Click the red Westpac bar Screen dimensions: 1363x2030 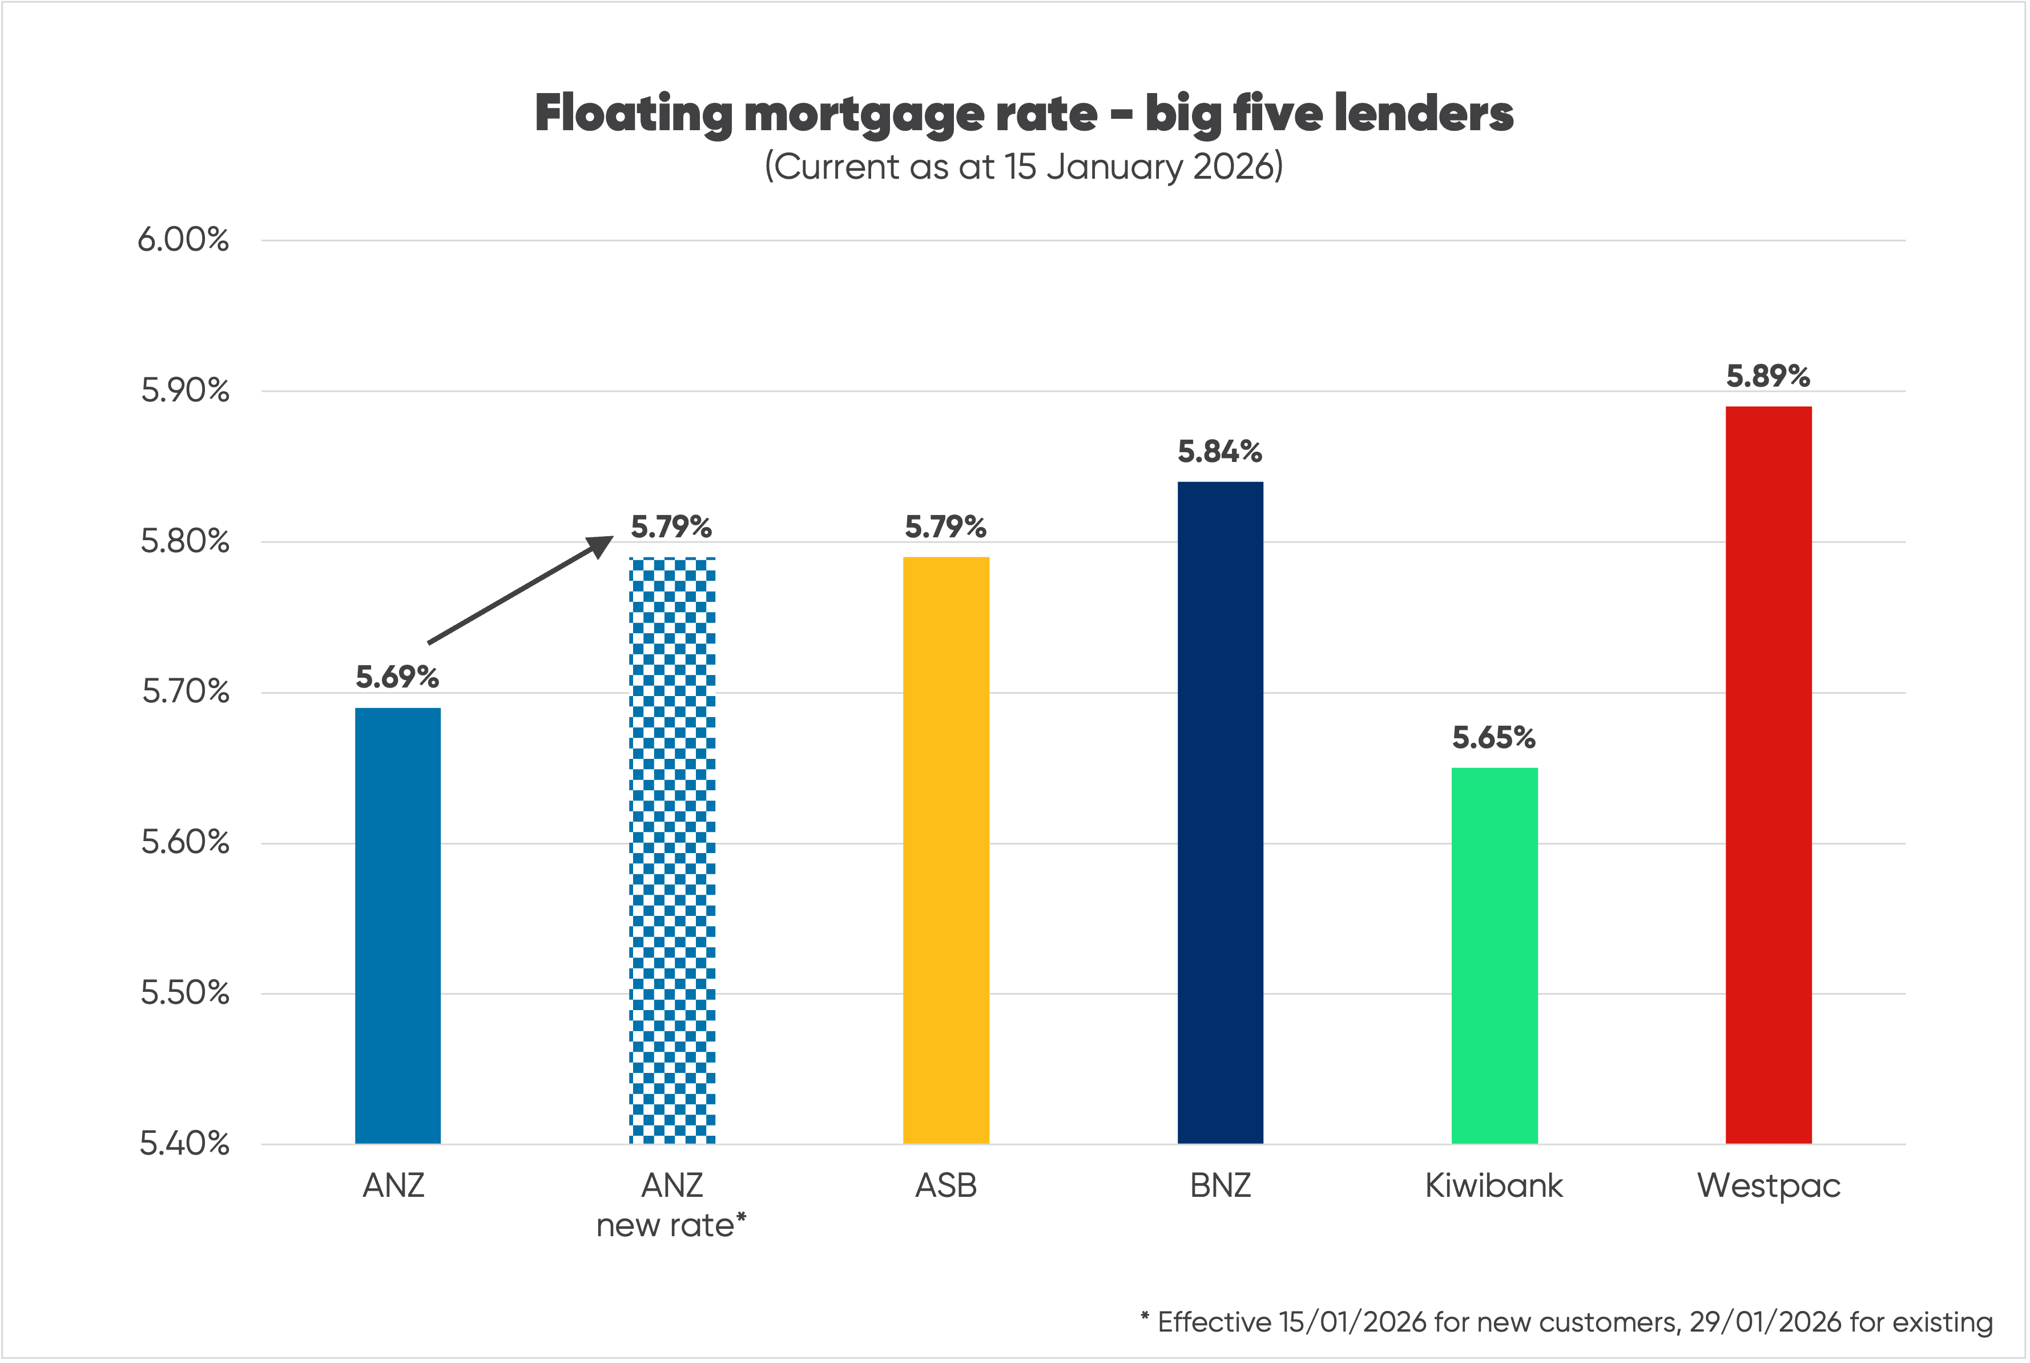tap(1769, 774)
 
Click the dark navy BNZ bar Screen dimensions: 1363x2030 tap(1220, 812)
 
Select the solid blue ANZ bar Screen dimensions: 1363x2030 tap(397, 925)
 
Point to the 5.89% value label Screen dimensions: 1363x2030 tap(1767, 376)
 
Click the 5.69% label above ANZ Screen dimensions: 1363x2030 tap(397, 677)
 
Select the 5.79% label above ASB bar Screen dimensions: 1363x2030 tap(945, 527)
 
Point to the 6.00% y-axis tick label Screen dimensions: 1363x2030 tap(183, 240)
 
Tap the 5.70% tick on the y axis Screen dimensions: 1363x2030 tap(185, 692)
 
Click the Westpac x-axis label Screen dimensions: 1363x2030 tap(1769, 1185)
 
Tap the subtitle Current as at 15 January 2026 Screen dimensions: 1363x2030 tap(1024, 166)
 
